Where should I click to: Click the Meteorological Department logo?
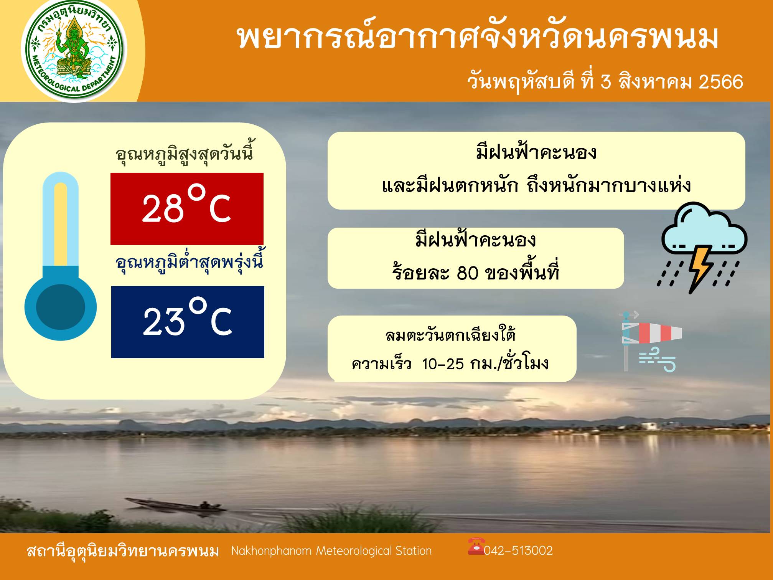click(x=74, y=51)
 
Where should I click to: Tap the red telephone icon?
click(x=476, y=546)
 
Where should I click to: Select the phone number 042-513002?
click(x=518, y=551)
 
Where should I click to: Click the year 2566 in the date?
click(x=721, y=82)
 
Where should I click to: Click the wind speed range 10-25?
click(x=443, y=364)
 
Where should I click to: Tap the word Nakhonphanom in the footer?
click(x=271, y=551)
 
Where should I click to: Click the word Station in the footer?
click(x=414, y=551)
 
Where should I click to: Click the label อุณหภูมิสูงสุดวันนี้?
click(x=184, y=154)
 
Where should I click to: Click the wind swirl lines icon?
click(x=657, y=360)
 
